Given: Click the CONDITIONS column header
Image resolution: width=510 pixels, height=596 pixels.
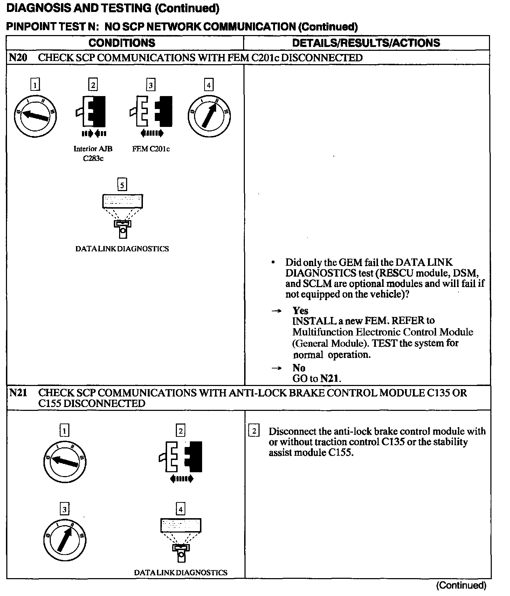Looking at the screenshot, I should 122,43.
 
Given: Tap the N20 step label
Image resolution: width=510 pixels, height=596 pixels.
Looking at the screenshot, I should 18,57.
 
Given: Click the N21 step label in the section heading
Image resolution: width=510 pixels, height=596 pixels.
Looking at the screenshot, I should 18,393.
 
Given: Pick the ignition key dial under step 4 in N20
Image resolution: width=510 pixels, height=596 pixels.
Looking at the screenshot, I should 209,116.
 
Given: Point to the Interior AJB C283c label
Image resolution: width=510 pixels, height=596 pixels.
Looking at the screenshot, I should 93,153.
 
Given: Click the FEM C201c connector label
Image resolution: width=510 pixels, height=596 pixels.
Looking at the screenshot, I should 151,149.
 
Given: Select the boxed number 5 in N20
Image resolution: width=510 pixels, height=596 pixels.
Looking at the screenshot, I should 122,184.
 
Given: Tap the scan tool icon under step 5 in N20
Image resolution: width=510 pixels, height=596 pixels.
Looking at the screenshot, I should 122,215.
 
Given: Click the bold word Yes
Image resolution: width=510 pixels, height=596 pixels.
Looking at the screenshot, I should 301,311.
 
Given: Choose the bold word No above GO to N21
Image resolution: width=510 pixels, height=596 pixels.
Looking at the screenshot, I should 299,368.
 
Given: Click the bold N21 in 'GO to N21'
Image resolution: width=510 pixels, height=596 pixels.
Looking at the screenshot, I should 330,379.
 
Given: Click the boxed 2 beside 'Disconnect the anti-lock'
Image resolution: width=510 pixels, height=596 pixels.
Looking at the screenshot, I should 254,431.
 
